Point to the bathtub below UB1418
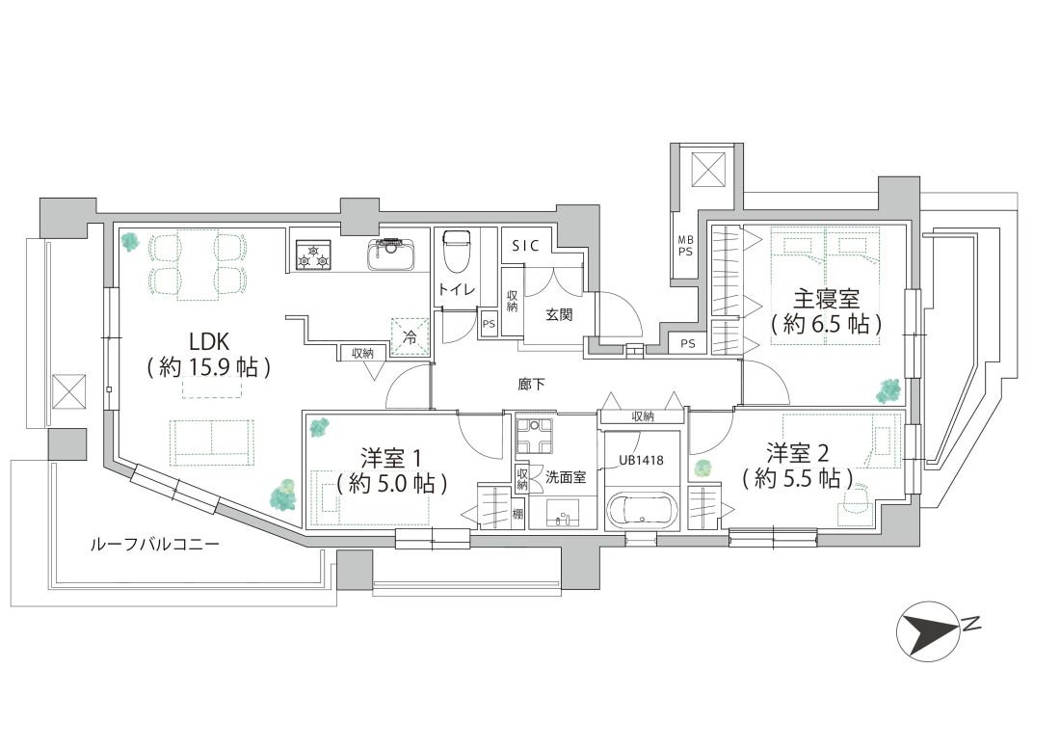[642, 507]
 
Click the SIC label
[526, 246]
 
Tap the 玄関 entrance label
[559, 314]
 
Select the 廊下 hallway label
[531, 385]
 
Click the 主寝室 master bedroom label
[826, 299]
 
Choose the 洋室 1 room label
[391, 458]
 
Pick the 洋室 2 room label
[798, 453]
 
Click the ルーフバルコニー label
[155, 544]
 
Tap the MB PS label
[686, 246]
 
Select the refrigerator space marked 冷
[411, 336]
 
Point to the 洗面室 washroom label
[566, 478]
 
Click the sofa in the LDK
[212, 442]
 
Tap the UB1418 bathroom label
[642, 461]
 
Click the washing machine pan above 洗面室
[534, 436]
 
